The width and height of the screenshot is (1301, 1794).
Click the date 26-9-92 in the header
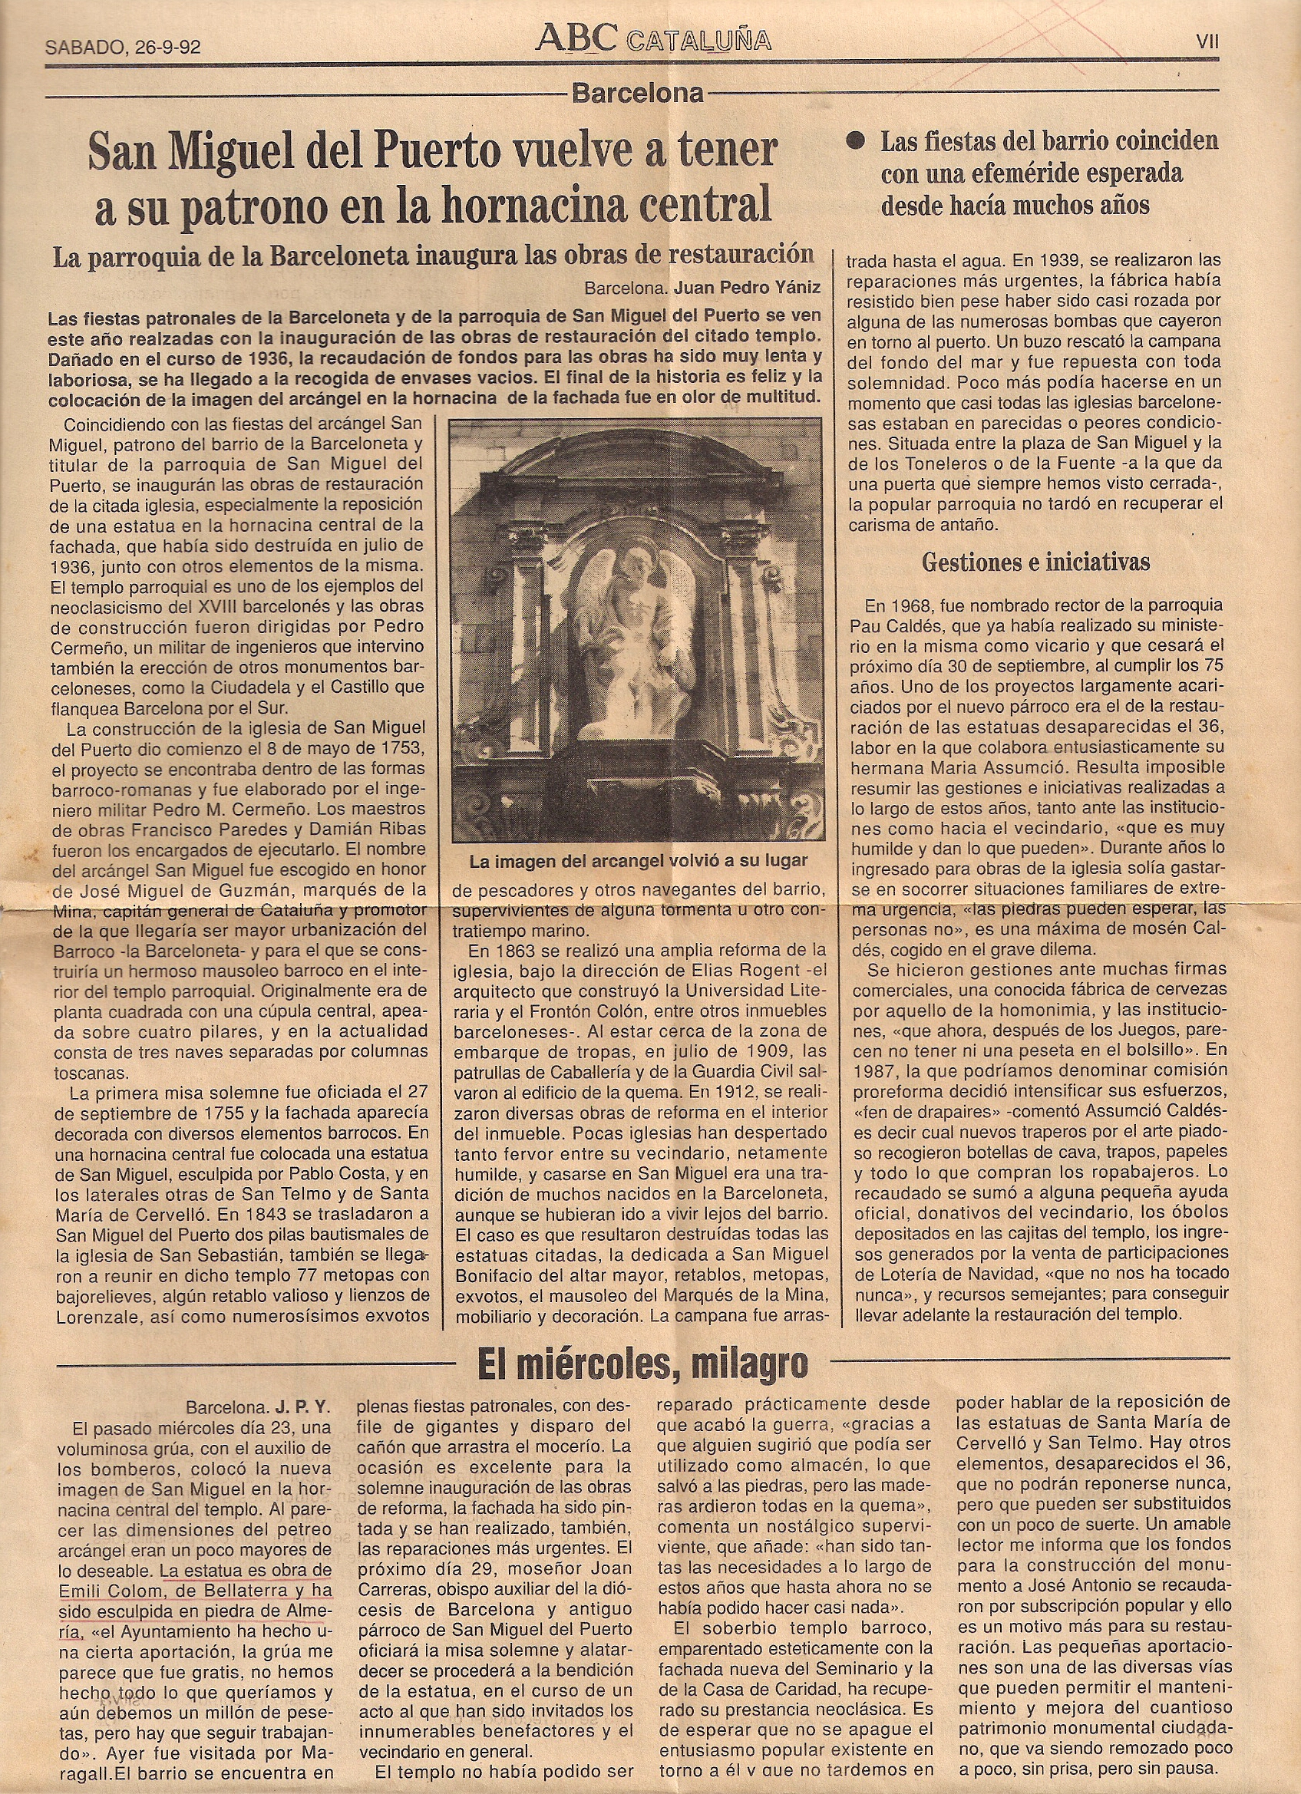point(163,47)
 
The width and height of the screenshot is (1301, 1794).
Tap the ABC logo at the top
point(580,39)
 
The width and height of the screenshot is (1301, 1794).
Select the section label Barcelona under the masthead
point(637,94)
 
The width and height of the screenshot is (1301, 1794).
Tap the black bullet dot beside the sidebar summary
point(854,143)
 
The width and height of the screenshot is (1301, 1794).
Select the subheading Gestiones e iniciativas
point(1036,563)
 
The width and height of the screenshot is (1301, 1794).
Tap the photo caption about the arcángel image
point(638,862)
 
